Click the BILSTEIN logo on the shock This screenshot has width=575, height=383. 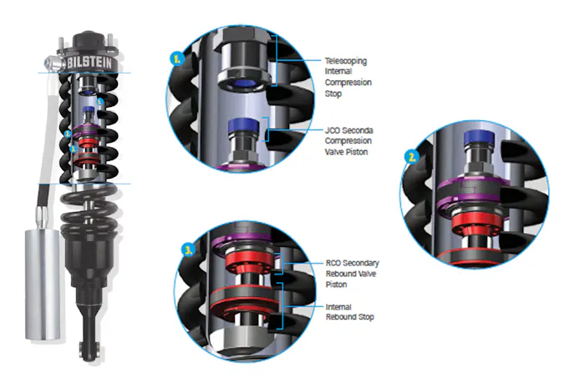(x=89, y=63)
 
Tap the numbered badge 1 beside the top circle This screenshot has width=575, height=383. (x=176, y=58)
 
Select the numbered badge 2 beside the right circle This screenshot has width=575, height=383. (x=412, y=157)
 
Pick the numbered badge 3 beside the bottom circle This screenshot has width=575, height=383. (x=189, y=250)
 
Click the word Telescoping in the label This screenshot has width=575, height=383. (x=346, y=61)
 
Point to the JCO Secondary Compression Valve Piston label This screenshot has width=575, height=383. (x=349, y=141)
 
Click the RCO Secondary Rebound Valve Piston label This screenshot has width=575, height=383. (x=352, y=274)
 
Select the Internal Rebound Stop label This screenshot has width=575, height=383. (x=350, y=312)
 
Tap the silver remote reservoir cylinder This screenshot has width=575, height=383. (x=42, y=285)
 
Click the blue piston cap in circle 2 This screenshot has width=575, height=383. (x=479, y=138)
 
